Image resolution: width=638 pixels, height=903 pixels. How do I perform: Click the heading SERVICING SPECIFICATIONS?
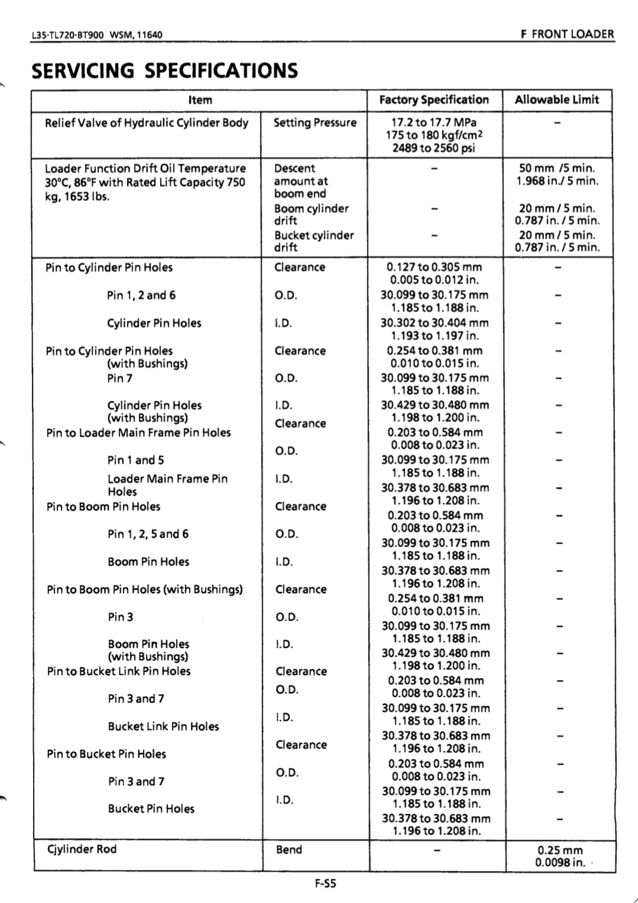[x=165, y=71]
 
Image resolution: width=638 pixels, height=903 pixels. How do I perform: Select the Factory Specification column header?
[x=434, y=100]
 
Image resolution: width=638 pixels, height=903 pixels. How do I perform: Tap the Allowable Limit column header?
[x=556, y=100]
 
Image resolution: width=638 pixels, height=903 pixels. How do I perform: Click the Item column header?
[x=200, y=100]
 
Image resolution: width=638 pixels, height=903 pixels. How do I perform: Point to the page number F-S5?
[x=325, y=884]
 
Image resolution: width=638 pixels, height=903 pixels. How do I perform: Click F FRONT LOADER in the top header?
[x=567, y=34]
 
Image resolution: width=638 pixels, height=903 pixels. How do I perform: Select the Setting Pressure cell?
[x=315, y=123]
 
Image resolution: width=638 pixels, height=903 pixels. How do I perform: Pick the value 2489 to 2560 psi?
[x=434, y=148]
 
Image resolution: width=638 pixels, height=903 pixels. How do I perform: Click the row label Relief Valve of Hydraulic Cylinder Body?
[x=147, y=123]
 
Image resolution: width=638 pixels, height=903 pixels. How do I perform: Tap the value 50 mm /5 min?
[x=557, y=168]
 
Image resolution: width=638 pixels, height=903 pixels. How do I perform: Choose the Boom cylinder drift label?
[x=311, y=214]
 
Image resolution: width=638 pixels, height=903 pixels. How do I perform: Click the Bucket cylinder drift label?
[x=314, y=241]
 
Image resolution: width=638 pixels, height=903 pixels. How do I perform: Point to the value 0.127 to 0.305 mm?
[x=434, y=267]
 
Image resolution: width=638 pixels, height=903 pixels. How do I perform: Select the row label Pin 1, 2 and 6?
[x=141, y=295]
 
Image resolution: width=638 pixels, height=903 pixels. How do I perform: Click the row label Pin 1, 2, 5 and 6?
[x=148, y=534]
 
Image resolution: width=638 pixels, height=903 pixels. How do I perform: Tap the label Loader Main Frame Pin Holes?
[x=167, y=485]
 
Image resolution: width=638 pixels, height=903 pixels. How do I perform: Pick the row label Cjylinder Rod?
[x=82, y=849]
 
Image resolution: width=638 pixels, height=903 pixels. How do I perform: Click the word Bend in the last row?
[x=289, y=850]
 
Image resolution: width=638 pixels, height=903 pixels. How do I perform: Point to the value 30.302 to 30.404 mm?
[x=434, y=323]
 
